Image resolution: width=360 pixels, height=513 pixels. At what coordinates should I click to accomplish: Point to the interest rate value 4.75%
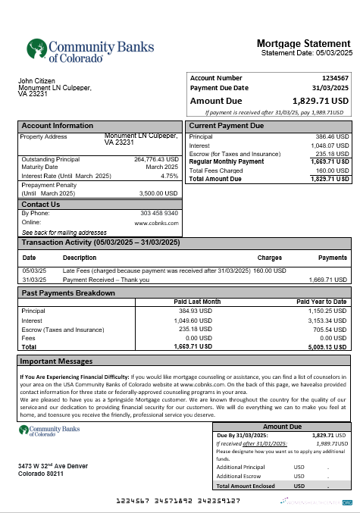click(170, 176)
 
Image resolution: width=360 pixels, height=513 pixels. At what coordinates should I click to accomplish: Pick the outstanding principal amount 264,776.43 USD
click(156, 159)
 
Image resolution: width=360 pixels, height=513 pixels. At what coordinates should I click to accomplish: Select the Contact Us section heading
click(41, 205)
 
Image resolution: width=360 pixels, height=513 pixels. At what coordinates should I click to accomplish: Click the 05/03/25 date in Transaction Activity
click(35, 271)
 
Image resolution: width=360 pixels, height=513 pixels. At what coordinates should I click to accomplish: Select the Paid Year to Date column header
click(321, 302)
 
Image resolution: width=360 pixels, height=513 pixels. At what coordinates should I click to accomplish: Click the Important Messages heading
click(56, 361)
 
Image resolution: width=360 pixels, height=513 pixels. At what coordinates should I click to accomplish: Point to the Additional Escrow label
click(240, 476)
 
